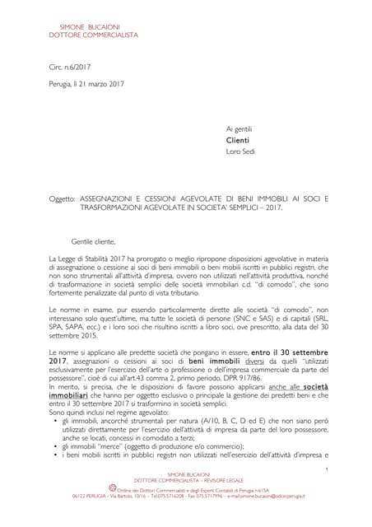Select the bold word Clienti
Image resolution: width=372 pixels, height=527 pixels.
pos(239,140)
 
